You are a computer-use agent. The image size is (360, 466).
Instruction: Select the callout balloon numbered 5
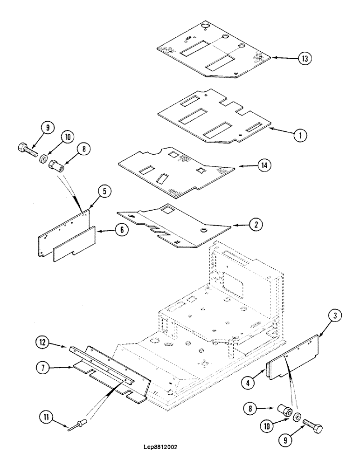(105, 191)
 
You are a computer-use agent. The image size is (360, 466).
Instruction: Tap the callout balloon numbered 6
(121, 230)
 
